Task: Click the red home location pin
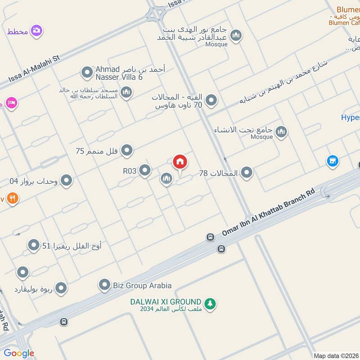click(180, 162)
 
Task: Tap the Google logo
click(19, 353)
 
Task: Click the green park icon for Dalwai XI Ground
click(210, 304)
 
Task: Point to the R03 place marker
click(145, 171)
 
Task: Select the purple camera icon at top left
click(36, 31)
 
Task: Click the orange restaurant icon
click(12, 198)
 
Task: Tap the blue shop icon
click(333, 161)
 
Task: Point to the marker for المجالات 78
click(247, 172)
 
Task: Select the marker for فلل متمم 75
click(127, 151)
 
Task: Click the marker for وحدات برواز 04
click(67, 181)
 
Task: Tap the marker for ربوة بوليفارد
click(61, 288)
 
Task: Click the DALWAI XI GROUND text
click(166, 301)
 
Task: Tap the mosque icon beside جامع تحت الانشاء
click(282, 132)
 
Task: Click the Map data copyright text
click(336, 355)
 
